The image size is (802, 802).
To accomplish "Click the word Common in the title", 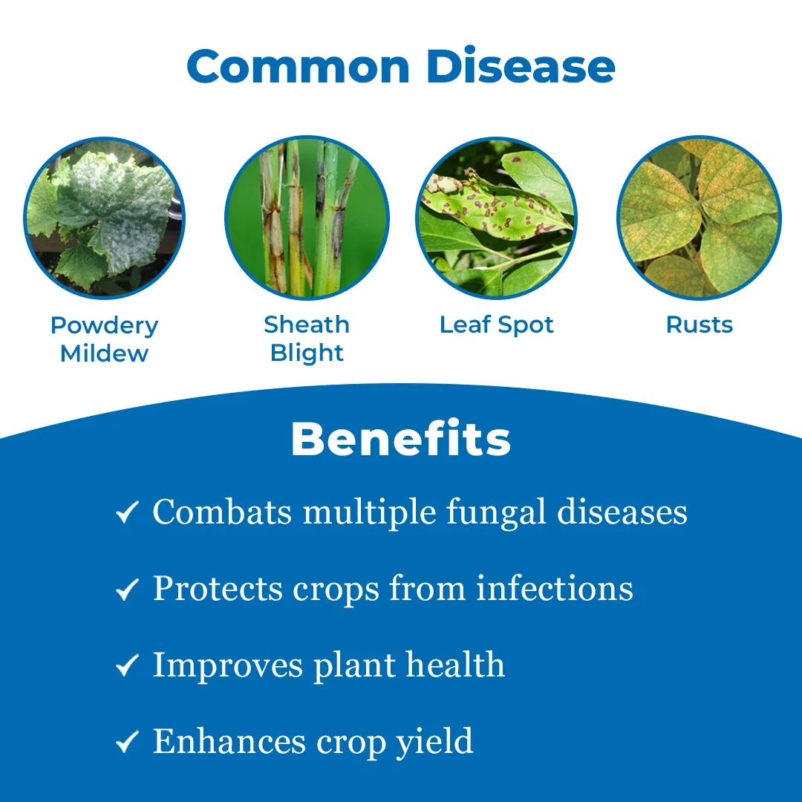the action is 299,66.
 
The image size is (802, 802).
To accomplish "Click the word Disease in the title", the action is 520,66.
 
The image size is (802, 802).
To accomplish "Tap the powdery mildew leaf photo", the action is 105,218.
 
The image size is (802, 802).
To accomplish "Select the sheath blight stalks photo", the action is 307,218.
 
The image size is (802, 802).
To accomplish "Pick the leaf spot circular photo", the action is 496,218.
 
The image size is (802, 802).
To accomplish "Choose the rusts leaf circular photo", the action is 700,218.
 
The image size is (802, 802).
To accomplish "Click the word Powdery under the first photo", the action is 105,326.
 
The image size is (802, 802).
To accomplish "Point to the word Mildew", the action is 105,353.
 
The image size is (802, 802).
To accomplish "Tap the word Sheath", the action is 307,325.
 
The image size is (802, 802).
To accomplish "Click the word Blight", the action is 307,353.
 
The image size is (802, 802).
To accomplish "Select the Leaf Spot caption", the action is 496,325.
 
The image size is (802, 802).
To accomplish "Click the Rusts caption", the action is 700,325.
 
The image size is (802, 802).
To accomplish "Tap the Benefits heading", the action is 401,439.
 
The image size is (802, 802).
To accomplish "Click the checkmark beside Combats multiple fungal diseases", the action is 128,512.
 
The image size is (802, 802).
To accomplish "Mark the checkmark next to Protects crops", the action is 128,589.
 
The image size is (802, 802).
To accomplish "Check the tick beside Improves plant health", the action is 128,665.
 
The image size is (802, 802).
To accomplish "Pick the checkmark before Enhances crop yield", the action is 128,742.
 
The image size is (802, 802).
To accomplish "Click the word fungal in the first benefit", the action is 496,512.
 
